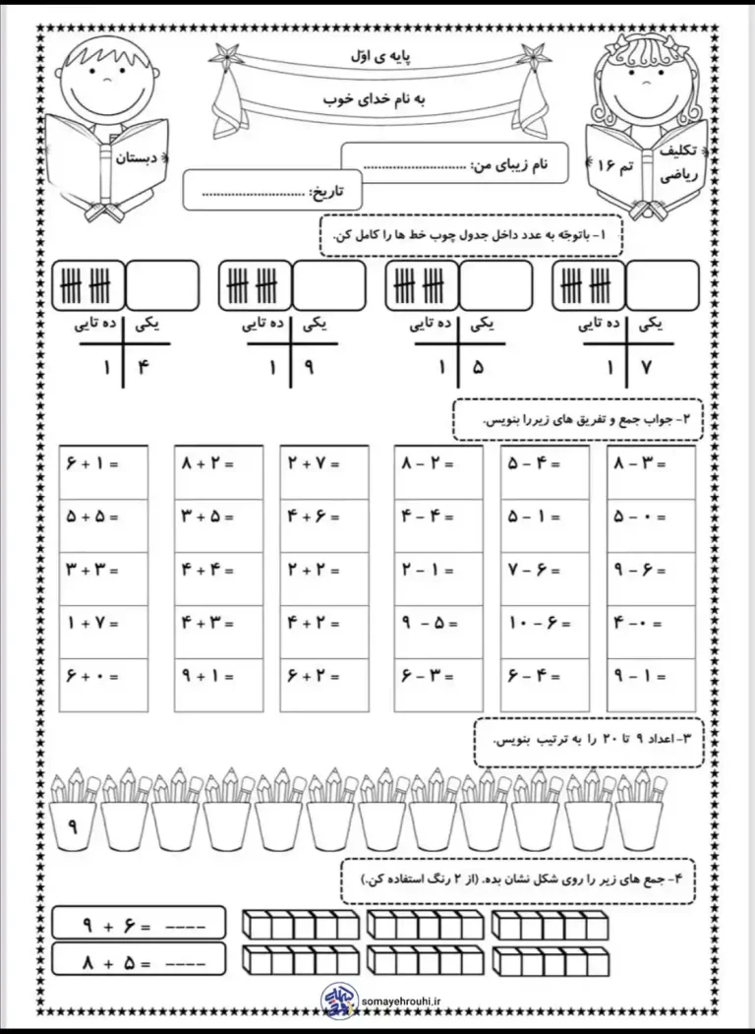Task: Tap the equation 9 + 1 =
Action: [206, 676]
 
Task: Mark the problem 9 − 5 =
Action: [428, 622]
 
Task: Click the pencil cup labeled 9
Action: [73, 826]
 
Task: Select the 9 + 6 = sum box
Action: [138, 924]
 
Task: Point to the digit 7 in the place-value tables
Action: [644, 370]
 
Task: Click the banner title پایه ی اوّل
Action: [378, 59]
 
